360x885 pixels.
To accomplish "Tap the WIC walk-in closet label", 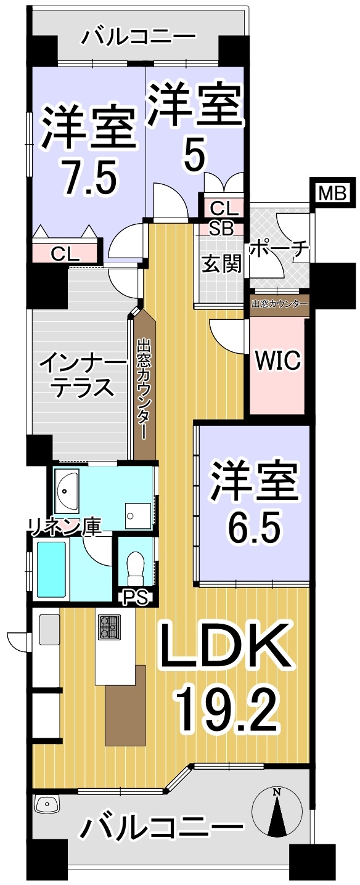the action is coord(277,360).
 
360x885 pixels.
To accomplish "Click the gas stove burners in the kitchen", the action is coord(110,627).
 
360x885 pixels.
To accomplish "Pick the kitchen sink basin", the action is coord(49,629).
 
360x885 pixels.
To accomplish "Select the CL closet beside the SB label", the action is coord(222,207).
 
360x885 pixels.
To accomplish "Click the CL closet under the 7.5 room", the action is coord(65,253).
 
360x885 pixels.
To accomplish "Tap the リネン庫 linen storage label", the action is coord(64,527).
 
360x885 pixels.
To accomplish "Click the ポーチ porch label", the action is coord(279,250).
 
